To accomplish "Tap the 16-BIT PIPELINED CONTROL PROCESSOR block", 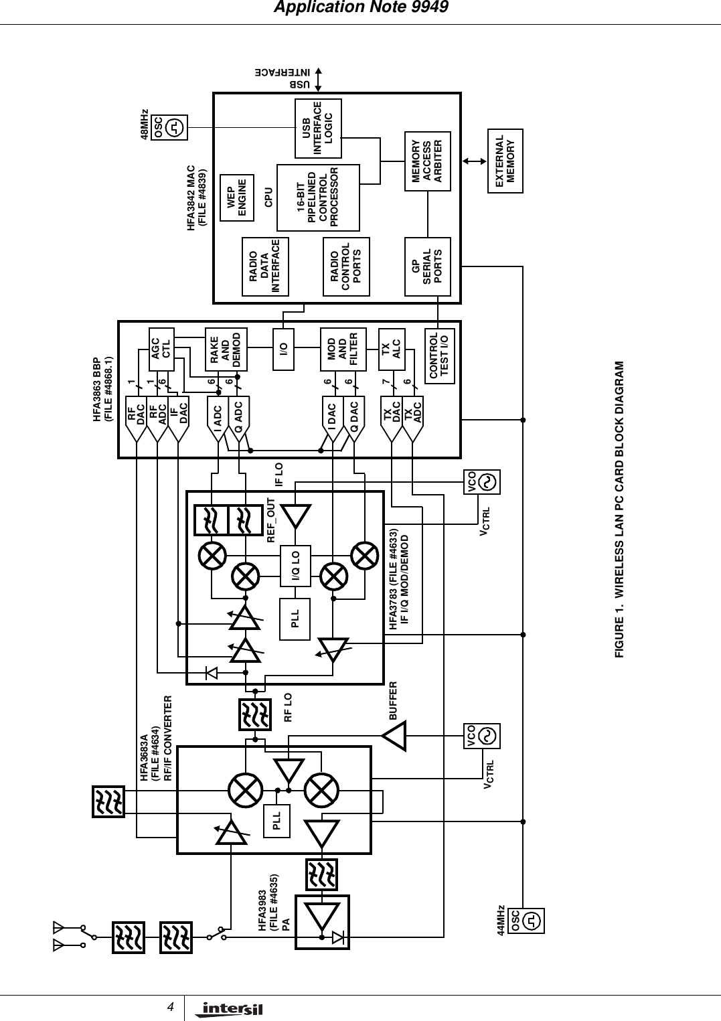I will pyautogui.click(x=318, y=198).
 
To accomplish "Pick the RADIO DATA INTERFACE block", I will pyautogui.click(x=264, y=266).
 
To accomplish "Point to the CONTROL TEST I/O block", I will pyautogui.click(x=440, y=356).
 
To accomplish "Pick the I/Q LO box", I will pyautogui.click(x=295, y=566).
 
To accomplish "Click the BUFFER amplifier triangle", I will pyautogui.click(x=395, y=736).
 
